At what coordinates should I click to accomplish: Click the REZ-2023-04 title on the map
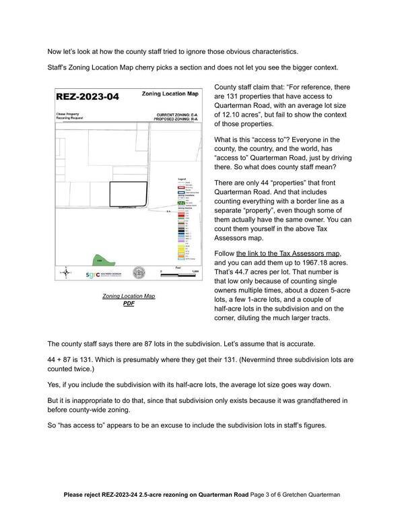tap(88, 96)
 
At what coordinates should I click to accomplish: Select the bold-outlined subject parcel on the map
tap(128, 194)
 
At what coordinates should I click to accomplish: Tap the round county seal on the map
tap(139, 272)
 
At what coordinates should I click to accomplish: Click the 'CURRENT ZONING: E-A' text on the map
tap(176, 115)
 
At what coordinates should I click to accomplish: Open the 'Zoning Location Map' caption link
tap(129, 296)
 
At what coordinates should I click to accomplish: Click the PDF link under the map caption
tap(129, 303)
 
